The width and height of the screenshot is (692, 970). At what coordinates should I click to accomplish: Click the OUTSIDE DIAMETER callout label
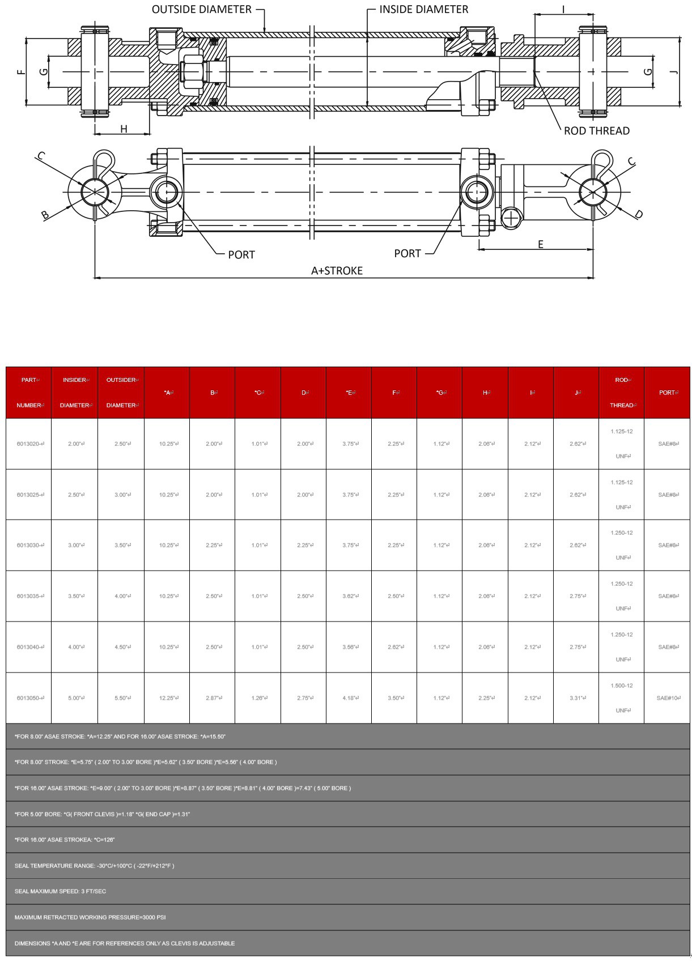click(201, 10)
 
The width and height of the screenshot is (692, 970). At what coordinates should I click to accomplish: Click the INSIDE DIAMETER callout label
click(423, 10)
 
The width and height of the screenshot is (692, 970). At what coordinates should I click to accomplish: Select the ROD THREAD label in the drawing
click(596, 131)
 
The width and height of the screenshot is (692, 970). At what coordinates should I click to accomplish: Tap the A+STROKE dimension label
click(337, 271)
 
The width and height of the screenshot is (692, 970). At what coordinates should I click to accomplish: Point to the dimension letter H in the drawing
click(124, 129)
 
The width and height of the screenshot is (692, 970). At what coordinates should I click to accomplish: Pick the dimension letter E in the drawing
click(541, 244)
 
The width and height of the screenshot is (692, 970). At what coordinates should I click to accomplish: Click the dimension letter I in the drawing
click(563, 9)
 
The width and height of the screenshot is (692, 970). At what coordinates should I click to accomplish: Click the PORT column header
click(667, 393)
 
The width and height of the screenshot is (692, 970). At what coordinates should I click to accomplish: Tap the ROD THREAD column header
click(622, 393)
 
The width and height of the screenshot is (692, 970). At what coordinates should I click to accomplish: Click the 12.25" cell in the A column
click(167, 698)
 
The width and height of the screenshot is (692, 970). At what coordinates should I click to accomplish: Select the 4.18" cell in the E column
click(349, 698)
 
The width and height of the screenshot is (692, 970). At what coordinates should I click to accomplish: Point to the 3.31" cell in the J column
click(576, 698)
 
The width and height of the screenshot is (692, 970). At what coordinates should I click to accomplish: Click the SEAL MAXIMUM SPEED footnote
click(60, 891)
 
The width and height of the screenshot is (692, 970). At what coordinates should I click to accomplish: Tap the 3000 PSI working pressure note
click(90, 917)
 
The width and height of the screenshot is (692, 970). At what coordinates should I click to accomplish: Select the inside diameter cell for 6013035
click(75, 596)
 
